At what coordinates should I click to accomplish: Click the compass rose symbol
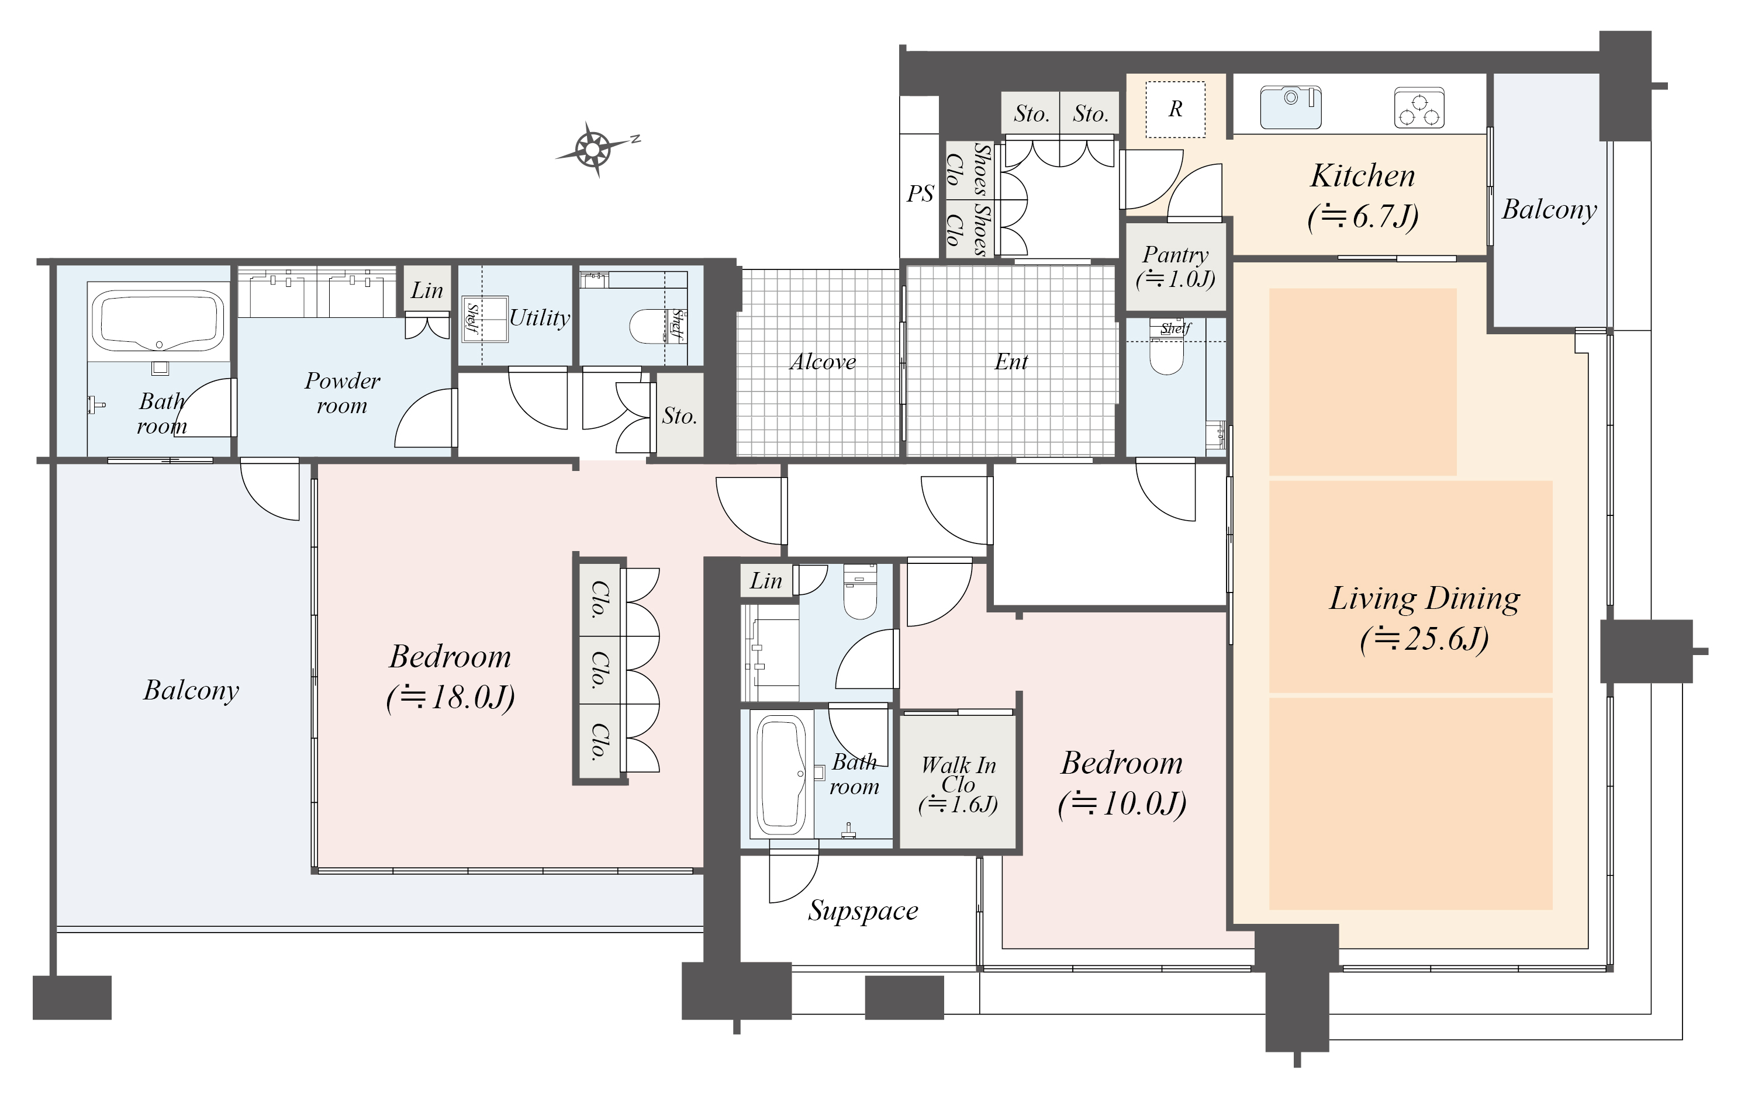[593, 149]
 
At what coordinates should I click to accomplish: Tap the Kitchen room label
[1363, 176]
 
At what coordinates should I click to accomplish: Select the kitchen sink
[1291, 107]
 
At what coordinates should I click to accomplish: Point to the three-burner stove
[1418, 108]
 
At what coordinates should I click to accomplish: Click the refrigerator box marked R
[1176, 109]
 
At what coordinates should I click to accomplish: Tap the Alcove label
[822, 361]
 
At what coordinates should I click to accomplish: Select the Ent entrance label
[1011, 361]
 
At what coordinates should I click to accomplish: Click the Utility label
[540, 317]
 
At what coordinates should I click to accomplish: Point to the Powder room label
[342, 393]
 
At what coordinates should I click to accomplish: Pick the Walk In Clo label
[958, 774]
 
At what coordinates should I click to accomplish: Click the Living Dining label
[1424, 598]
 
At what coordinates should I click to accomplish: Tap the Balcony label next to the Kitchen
[1549, 210]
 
